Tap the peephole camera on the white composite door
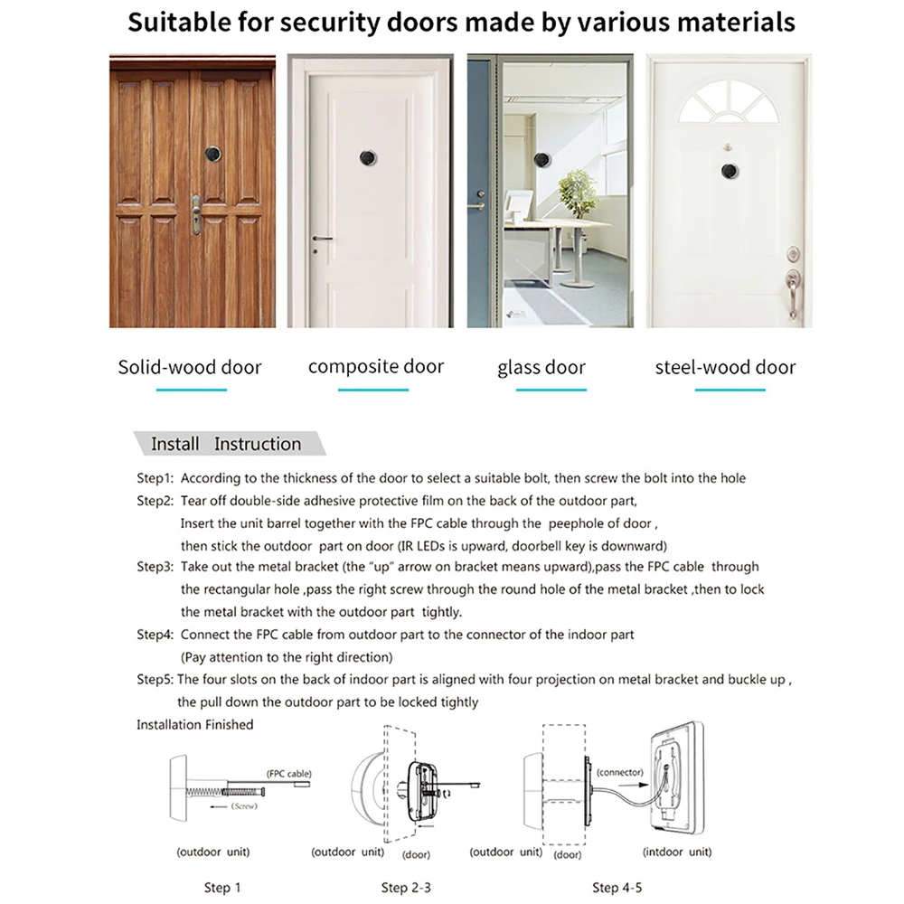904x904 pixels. point(367,157)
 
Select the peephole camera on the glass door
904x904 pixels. point(541,160)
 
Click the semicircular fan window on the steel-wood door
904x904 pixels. point(728,102)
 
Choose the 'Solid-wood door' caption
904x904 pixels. point(190,367)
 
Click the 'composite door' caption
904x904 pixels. point(376,366)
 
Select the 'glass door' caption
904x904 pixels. point(541,368)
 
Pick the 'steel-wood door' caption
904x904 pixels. point(726,367)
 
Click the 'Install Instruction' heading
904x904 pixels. point(226,444)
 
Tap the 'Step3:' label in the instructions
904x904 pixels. point(155,567)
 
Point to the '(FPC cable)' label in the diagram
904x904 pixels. point(289,774)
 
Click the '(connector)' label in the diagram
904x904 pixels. point(621,772)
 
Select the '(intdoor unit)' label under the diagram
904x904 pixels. point(677,852)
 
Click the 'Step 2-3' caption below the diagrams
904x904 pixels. point(407,888)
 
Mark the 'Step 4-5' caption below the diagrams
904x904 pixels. point(618,888)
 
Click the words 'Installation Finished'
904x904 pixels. point(195,724)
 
